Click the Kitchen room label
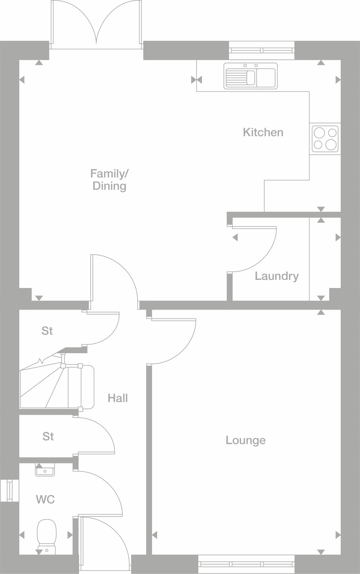click(263, 132)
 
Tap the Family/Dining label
click(109, 180)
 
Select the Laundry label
click(276, 276)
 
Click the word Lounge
click(246, 440)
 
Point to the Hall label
click(118, 398)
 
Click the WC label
click(45, 499)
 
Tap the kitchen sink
click(250, 76)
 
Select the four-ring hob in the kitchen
click(325, 139)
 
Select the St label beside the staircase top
click(47, 331)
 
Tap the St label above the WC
click(48, 436)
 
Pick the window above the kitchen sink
click(261, 50)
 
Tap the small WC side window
click(10, 490)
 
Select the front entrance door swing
click(105, 542)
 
